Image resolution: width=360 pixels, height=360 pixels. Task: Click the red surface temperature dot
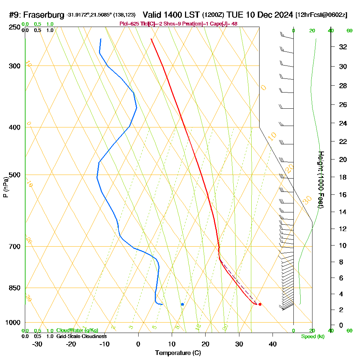[x=260, y=304]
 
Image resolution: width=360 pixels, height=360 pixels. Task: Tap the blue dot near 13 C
[x=183, y=304]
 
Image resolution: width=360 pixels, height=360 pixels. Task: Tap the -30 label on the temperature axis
[x=37, y=344]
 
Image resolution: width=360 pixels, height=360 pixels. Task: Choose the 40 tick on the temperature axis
[x=273, y=344]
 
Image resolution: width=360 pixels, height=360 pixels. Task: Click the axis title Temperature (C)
[x=178, y=353]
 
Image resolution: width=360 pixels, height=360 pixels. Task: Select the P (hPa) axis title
[x=6, y=187]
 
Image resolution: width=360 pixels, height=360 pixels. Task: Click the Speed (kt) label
[x=313, y=336]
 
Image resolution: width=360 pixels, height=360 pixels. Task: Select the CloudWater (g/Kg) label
[x=77, y=330]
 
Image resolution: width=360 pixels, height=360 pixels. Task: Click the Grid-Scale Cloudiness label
[x=81, y=336]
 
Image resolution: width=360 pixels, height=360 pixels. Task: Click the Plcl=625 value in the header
[x=128, y=24]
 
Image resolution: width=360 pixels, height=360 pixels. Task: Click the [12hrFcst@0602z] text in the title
[x=321, y=15]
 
